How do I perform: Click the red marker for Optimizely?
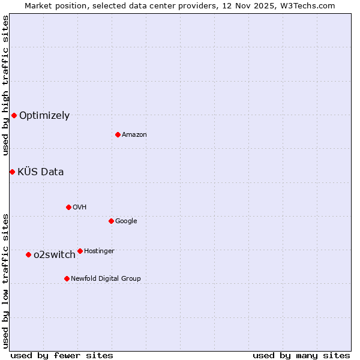14,115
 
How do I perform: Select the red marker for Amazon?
118,134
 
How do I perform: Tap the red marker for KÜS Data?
12,172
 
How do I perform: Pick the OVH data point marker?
68,207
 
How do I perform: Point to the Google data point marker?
111,221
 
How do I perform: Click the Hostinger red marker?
80,251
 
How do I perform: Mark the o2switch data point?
28,254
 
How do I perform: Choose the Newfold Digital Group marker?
67,278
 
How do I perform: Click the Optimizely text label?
44,116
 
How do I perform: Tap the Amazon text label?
134,134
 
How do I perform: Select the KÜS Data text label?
41,172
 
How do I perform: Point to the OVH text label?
80,207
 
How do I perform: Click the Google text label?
126,221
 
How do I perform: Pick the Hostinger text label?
99,251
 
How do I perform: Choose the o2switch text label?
55,255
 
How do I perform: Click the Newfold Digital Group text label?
106,278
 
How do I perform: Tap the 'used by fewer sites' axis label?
62,355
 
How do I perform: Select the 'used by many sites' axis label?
301,355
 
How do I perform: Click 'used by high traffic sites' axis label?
5,85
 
